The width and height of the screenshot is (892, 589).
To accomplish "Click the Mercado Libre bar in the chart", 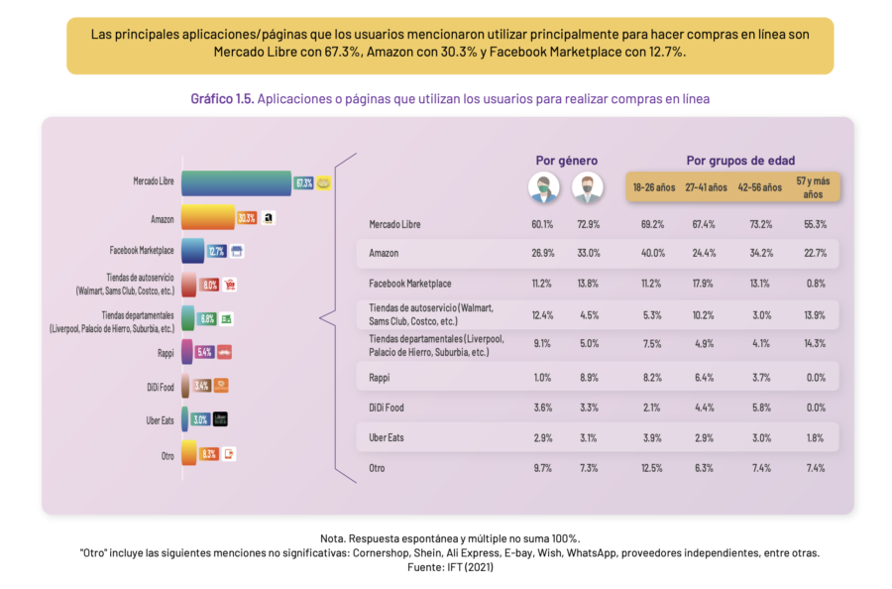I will (x=236, y=182).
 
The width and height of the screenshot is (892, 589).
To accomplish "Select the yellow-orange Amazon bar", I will (x=207, y=217).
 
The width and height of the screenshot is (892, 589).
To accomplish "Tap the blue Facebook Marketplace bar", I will (x=192, y=251).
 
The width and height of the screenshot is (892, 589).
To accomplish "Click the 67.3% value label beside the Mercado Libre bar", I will (x=304, y=183).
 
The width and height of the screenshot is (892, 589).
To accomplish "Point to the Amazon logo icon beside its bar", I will (x=269, y=218).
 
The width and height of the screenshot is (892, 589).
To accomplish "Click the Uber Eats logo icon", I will (x=220, y=419).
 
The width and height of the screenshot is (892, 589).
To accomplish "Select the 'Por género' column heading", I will (x=566, y=160).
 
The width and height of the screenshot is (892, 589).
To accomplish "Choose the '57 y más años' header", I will (x=814, y=186).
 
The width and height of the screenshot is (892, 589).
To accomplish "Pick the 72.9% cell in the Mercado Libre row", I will (x=587, y=225).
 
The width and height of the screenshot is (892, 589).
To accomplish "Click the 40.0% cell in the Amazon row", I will (x=652, y=253).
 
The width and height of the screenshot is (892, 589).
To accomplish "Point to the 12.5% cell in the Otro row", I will (x=652, y=468).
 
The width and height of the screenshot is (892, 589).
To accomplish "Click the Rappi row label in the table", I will (x=379, y=377).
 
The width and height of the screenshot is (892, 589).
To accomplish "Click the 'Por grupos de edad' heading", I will (x=739, y=160).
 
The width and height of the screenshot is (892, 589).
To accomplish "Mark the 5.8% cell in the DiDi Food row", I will (x=759, y=408).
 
